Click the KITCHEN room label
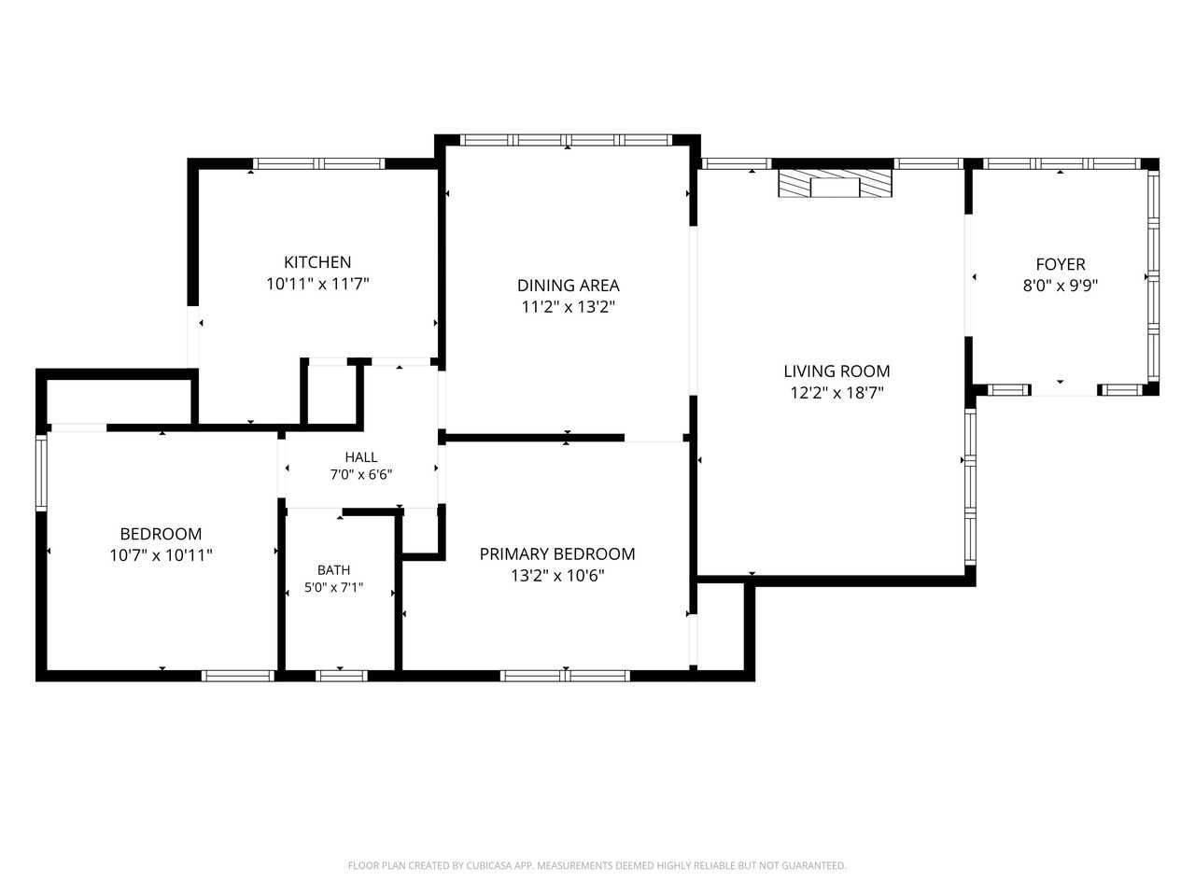click(317, 262)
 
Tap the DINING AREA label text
click(568, 286)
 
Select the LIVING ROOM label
click(836, 371)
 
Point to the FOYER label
click(1060, 264)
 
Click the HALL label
click(361, 457)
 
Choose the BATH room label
click(333, 570)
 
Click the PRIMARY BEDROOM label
click(557, 553)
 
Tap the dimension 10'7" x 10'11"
click(161, 555)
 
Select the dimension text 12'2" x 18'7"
click(836, 393)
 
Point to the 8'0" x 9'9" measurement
click(1060, 286)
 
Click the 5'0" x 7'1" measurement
click(333, 588)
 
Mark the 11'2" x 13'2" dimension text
click(568, 307)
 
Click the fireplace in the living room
click(836, 183)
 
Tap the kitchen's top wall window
click(318, 163)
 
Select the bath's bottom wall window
click(342, 677)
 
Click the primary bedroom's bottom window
click(565, 677)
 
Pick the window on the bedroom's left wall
click(41, 472)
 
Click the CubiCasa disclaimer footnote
click(597, 865)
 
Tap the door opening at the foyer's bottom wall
click(1063, 390)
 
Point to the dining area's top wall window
click(566, 140)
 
